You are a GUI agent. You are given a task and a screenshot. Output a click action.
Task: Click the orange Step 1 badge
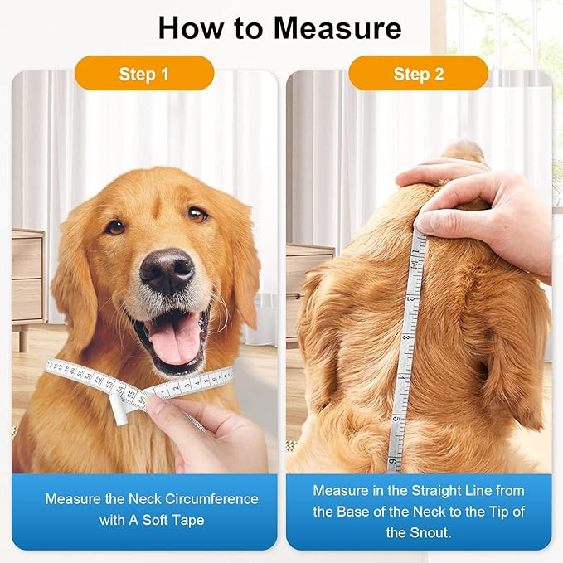click(144, 74)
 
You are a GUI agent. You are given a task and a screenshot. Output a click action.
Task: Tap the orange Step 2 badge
click(418, 74)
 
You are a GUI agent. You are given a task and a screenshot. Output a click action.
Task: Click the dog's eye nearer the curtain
click(197, 214)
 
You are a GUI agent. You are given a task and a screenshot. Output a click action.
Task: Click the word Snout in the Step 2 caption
click(430, 532)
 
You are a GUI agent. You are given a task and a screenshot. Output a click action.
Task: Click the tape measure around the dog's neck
click(91, 376)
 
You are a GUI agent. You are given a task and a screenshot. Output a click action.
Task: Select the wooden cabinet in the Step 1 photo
click(27, 278)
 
